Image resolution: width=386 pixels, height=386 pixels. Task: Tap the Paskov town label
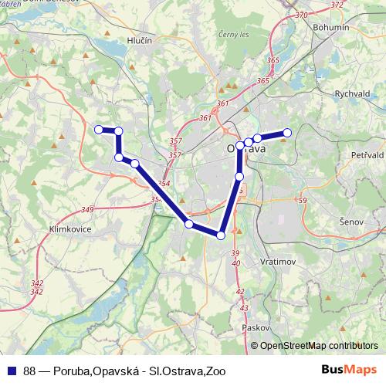coord(255,327)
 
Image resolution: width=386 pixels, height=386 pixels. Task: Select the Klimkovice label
coord(69,229)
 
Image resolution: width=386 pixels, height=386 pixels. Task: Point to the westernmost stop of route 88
coord(98,130)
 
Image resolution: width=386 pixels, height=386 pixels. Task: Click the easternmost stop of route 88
coord(286,132)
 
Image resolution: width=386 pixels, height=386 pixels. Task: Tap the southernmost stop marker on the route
coord(221,235)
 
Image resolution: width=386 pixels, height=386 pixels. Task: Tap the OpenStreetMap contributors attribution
coord(318,347)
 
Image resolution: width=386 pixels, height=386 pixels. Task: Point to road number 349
coord(86,210)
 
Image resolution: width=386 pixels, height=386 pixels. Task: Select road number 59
coord(301,201)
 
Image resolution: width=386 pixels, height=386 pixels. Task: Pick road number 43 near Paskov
coord(244,308)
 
